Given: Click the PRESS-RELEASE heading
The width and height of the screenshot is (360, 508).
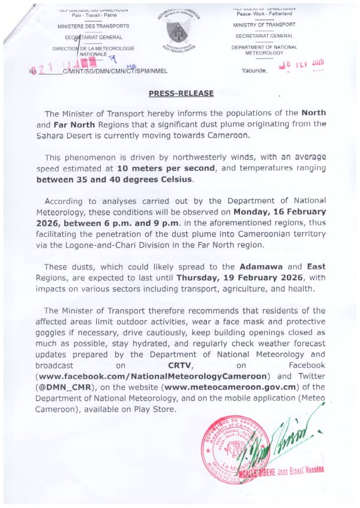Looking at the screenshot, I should tap(181, 93).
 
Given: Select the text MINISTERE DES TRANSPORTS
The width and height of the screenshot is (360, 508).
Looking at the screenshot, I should tap(93, 27).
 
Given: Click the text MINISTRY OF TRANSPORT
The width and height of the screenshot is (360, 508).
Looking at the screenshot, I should tap(264, 25).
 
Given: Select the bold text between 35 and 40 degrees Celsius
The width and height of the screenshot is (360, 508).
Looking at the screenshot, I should tap(114, 180).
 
